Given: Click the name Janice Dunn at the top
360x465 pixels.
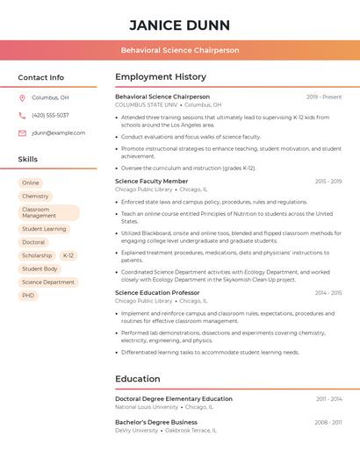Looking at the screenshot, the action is (x=180, y=25).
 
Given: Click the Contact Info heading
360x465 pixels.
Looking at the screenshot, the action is (x=40, y=77).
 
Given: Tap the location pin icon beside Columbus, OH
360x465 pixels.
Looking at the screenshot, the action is (x=22, y=97).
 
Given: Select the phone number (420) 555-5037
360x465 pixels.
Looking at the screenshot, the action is (x=50, y=115).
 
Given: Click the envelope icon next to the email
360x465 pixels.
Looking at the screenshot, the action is (x=22, y=133).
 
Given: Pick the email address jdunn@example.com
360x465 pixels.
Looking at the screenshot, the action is (x=59, y=133).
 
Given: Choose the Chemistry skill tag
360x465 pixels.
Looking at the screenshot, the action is (x=35, y=197).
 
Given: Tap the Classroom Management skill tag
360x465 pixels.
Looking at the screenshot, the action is (x=48, y=212).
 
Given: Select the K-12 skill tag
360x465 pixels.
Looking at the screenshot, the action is (x=68, y=255).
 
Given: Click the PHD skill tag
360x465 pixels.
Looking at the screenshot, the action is (x=28, y=296).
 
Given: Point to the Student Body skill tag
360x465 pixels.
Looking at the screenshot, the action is (x=40, y=268).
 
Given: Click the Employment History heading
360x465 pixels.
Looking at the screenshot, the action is (x=161, y=77).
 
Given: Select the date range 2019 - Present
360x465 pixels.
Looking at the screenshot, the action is (x=324, y=97).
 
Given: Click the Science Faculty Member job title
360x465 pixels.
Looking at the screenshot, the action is (x=151, y=181).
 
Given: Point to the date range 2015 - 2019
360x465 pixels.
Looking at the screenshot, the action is (x=328, y=181).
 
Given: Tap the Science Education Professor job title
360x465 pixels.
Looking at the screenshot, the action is (x=157, y=292).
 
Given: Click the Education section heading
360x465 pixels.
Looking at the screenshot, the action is (x=138, y=379).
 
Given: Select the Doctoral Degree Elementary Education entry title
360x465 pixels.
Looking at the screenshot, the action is (x=174, y=398).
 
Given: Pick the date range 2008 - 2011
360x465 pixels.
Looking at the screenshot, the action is (x=328, y=422).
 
